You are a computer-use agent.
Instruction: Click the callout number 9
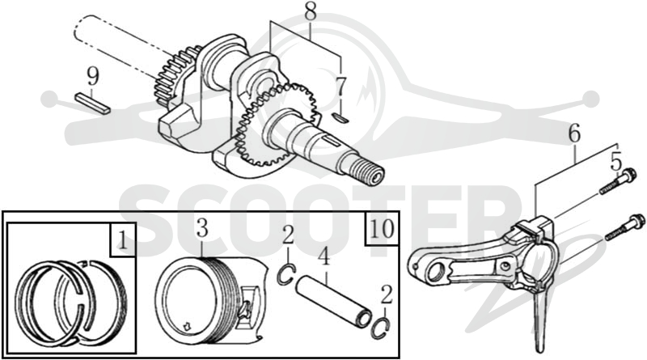93,77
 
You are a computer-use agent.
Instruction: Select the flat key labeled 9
93,104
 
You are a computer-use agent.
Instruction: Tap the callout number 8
311,12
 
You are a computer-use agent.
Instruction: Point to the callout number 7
340,87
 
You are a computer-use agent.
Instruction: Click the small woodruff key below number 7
340,117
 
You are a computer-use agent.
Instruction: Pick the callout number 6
574,133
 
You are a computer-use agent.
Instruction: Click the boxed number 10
382,228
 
